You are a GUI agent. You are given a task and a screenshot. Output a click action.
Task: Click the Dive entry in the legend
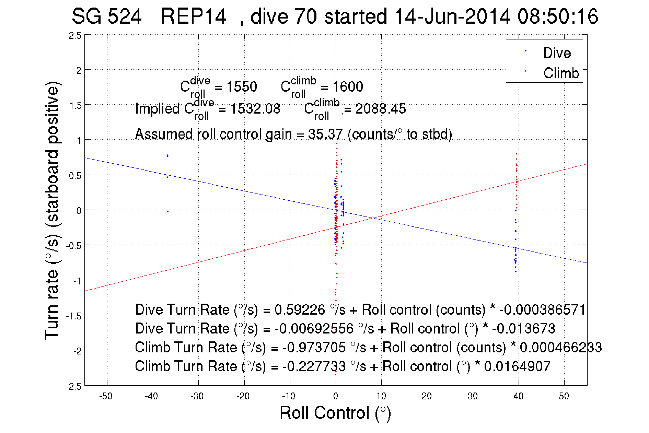[556, 53]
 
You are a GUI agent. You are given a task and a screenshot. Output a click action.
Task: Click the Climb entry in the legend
[561, 73]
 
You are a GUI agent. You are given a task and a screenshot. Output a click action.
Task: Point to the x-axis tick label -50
[105, 396]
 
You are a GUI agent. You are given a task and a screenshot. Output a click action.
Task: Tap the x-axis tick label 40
[518, 396]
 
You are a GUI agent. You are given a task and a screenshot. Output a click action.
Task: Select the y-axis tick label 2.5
[75, 36]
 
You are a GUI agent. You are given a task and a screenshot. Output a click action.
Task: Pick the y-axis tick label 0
[79, 211]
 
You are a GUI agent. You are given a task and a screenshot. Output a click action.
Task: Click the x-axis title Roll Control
[335, 413]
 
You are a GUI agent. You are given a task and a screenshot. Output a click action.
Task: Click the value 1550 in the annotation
[242, 87]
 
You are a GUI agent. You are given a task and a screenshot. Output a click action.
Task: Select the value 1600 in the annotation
[348, 87]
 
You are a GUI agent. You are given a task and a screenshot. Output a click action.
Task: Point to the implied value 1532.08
[255, 109]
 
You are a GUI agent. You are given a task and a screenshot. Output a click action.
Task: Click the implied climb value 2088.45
[380, 109]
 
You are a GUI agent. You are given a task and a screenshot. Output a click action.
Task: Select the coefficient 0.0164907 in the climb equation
[517, 366]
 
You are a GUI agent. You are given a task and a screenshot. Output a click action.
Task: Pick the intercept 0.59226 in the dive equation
[299, 310]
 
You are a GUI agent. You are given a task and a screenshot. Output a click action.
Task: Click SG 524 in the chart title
[106, 16]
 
